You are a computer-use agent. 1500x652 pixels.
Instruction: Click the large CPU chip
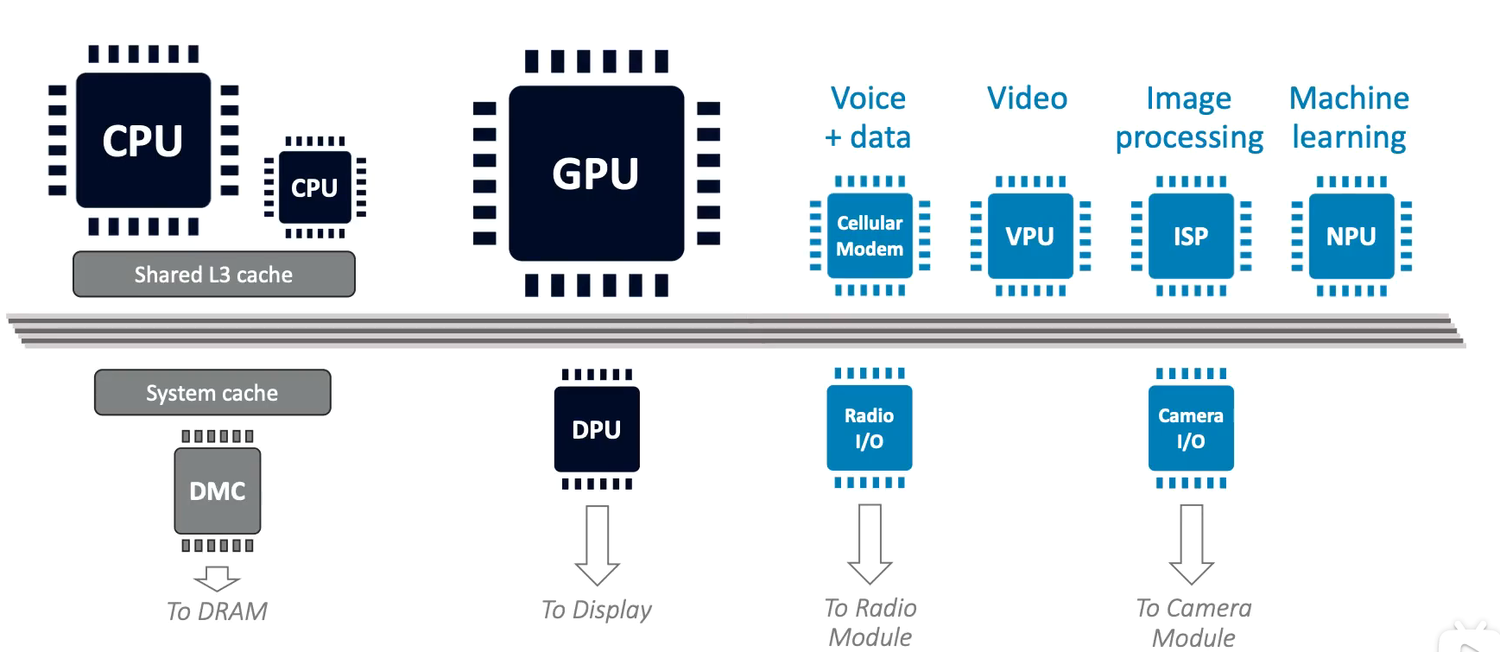[x=143, y=140]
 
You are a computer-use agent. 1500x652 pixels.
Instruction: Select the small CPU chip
[x=314, y=187]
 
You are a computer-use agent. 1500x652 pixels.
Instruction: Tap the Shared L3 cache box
[x=213, y=275]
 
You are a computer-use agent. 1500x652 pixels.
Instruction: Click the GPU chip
[x=596, y=174]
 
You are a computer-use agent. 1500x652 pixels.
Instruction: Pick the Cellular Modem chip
[x=870, y=236]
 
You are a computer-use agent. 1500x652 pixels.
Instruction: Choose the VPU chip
[x=1030, y=236]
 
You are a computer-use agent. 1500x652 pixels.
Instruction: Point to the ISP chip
[x=1191, y=236]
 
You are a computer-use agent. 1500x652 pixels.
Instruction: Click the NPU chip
[x=1351, y=236]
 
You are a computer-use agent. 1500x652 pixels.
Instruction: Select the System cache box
[x=212, y=393]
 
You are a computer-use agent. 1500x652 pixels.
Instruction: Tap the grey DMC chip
[x=218, y=491]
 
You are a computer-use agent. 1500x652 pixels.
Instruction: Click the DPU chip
[x=597, y=429]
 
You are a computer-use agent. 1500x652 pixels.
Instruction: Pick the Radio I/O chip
[x=870, y=428]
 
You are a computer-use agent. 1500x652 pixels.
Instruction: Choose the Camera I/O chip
[x=1191, y=428]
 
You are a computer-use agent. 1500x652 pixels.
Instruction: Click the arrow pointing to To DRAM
[x=217, y=578]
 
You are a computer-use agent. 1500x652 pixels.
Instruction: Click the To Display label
[x=597, y=610]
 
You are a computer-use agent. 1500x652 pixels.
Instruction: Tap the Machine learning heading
[x=1349, y=117]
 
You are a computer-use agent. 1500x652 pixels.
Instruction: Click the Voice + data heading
[x=868, y=117]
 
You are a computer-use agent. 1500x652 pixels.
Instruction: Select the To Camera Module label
[x=1193, y=623]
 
